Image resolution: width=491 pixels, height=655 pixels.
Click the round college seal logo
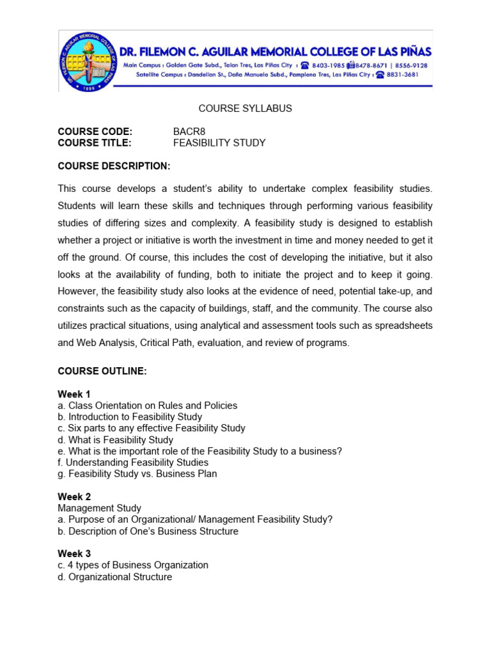88,61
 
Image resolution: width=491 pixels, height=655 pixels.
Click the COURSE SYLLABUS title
245,109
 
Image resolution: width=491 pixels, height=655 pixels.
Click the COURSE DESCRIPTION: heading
114,166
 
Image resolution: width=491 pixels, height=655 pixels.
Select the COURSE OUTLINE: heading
102,372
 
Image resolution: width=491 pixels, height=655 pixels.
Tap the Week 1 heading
74,394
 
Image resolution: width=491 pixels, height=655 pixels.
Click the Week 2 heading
74,497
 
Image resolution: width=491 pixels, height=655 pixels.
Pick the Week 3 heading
74,554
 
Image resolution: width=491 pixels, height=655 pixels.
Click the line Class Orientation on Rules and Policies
148,406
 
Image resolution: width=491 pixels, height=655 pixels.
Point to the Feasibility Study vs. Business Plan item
137,474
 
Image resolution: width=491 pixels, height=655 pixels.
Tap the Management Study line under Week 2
99,509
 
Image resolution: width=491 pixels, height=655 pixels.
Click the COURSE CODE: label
95,132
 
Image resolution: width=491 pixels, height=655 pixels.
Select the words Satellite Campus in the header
161,74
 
